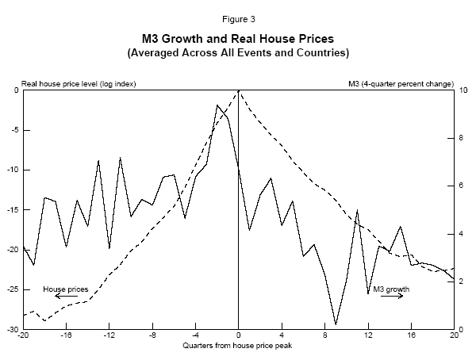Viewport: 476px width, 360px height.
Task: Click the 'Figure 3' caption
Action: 238,17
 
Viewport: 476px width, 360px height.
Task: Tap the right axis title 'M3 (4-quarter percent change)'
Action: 401,83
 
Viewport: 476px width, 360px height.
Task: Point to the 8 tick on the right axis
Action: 463,138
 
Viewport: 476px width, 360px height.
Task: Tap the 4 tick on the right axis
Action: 463,234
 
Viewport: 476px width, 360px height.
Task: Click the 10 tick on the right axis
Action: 464,90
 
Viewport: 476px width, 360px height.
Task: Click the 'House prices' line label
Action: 65,289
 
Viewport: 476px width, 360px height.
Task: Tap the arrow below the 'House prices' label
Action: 66,297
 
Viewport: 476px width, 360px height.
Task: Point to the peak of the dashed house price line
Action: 238,91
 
